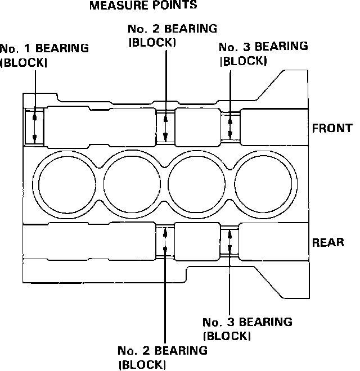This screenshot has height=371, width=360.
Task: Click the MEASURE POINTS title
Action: click(143, 6)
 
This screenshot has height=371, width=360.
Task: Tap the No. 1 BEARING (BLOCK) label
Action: click(44, 55)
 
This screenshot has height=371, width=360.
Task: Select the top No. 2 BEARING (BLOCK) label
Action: click(172, 35)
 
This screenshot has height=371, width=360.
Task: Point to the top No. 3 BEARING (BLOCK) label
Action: click(263, 53)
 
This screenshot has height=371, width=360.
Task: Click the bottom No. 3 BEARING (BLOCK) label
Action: click(247, 329)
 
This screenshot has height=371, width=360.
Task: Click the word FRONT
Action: click(332, 128)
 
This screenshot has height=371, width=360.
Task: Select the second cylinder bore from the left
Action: click(132, 183)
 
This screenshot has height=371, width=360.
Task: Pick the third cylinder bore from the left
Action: click(198, 183)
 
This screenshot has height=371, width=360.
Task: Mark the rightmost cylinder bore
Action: click(264, 183)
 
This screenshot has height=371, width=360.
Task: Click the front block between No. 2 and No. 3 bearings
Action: click(197, 126)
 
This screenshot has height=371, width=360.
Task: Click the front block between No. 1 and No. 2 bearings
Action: click(100, 126)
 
